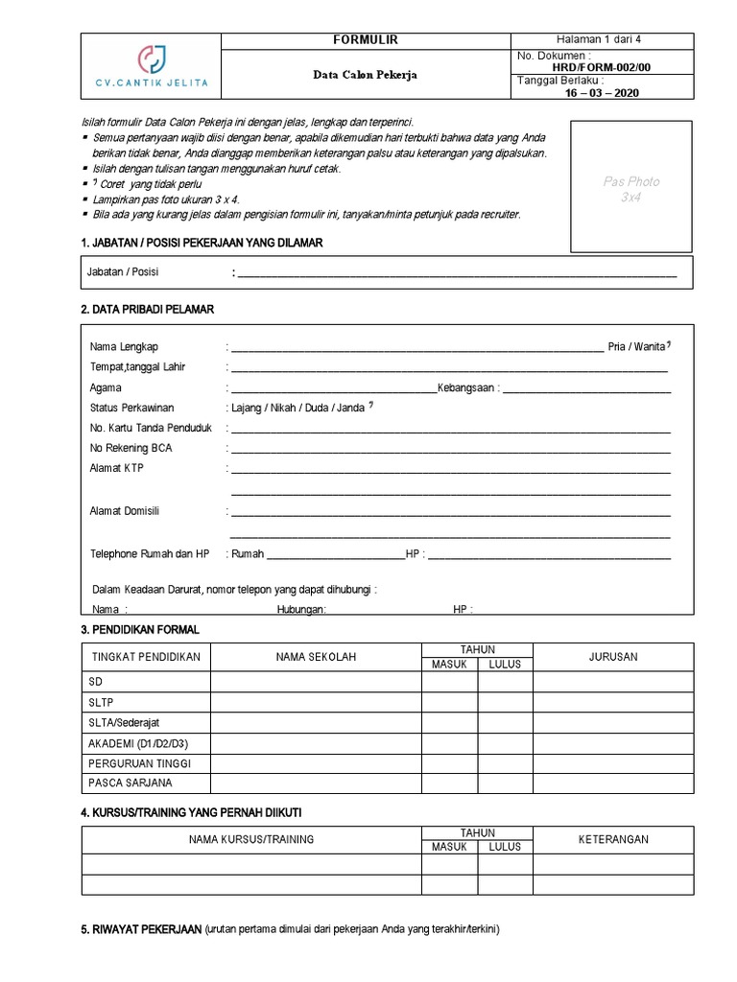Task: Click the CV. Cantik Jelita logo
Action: pos(152,66)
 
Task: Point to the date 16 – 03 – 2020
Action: pos(602,93)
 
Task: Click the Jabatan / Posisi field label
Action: pos(123,271)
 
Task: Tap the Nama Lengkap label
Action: pos(124,346)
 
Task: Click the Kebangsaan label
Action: pos(466,387)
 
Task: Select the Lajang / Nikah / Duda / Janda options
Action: pos(297,408)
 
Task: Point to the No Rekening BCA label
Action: pos(131,448)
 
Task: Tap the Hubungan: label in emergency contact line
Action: pos(301,609)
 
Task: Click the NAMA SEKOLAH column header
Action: pos(316,657)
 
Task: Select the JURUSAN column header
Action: pos(613,657)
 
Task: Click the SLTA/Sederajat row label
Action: pos(126,722)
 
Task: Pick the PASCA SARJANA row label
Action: pos(130,783)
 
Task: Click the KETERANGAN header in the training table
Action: pos(613,839)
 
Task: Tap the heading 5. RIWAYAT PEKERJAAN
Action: pos(142,930)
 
